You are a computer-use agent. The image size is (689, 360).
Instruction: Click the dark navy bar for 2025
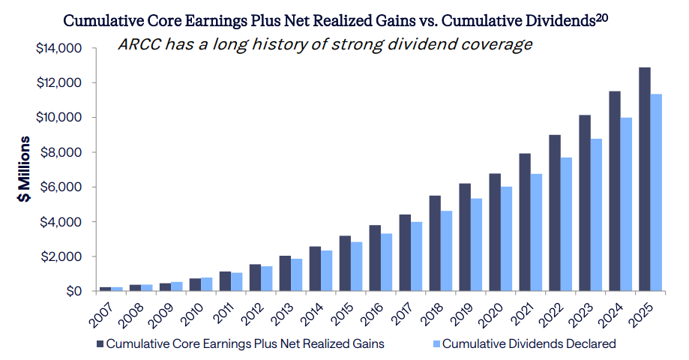tap(644, 179)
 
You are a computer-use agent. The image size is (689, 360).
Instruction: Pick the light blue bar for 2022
tap(567, 224)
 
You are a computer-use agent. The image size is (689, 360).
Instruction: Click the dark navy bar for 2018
tap(435, 244)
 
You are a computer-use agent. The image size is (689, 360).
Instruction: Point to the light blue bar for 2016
tap(387, 262)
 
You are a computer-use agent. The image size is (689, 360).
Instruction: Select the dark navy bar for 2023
tap(585, 203)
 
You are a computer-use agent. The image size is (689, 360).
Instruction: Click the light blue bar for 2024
tap(626, 205)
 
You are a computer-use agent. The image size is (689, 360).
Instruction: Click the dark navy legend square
tap(100, 344)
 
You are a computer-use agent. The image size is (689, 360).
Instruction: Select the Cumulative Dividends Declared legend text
tap(529, 344)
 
